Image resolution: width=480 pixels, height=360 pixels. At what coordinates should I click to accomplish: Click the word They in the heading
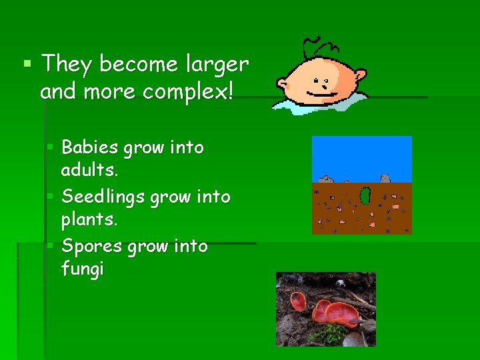[63, 65]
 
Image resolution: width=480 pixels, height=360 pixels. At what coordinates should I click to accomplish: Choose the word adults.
[89, 171]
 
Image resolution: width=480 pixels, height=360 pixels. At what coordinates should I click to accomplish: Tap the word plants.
[89, 220]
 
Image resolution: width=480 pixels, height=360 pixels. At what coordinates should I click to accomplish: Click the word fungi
[82, 271]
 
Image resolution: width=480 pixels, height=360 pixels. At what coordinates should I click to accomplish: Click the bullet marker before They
[27, 65]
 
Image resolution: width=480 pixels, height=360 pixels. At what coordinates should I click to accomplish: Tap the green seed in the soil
[365, 196]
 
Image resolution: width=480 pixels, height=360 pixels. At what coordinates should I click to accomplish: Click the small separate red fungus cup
[299, 302]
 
